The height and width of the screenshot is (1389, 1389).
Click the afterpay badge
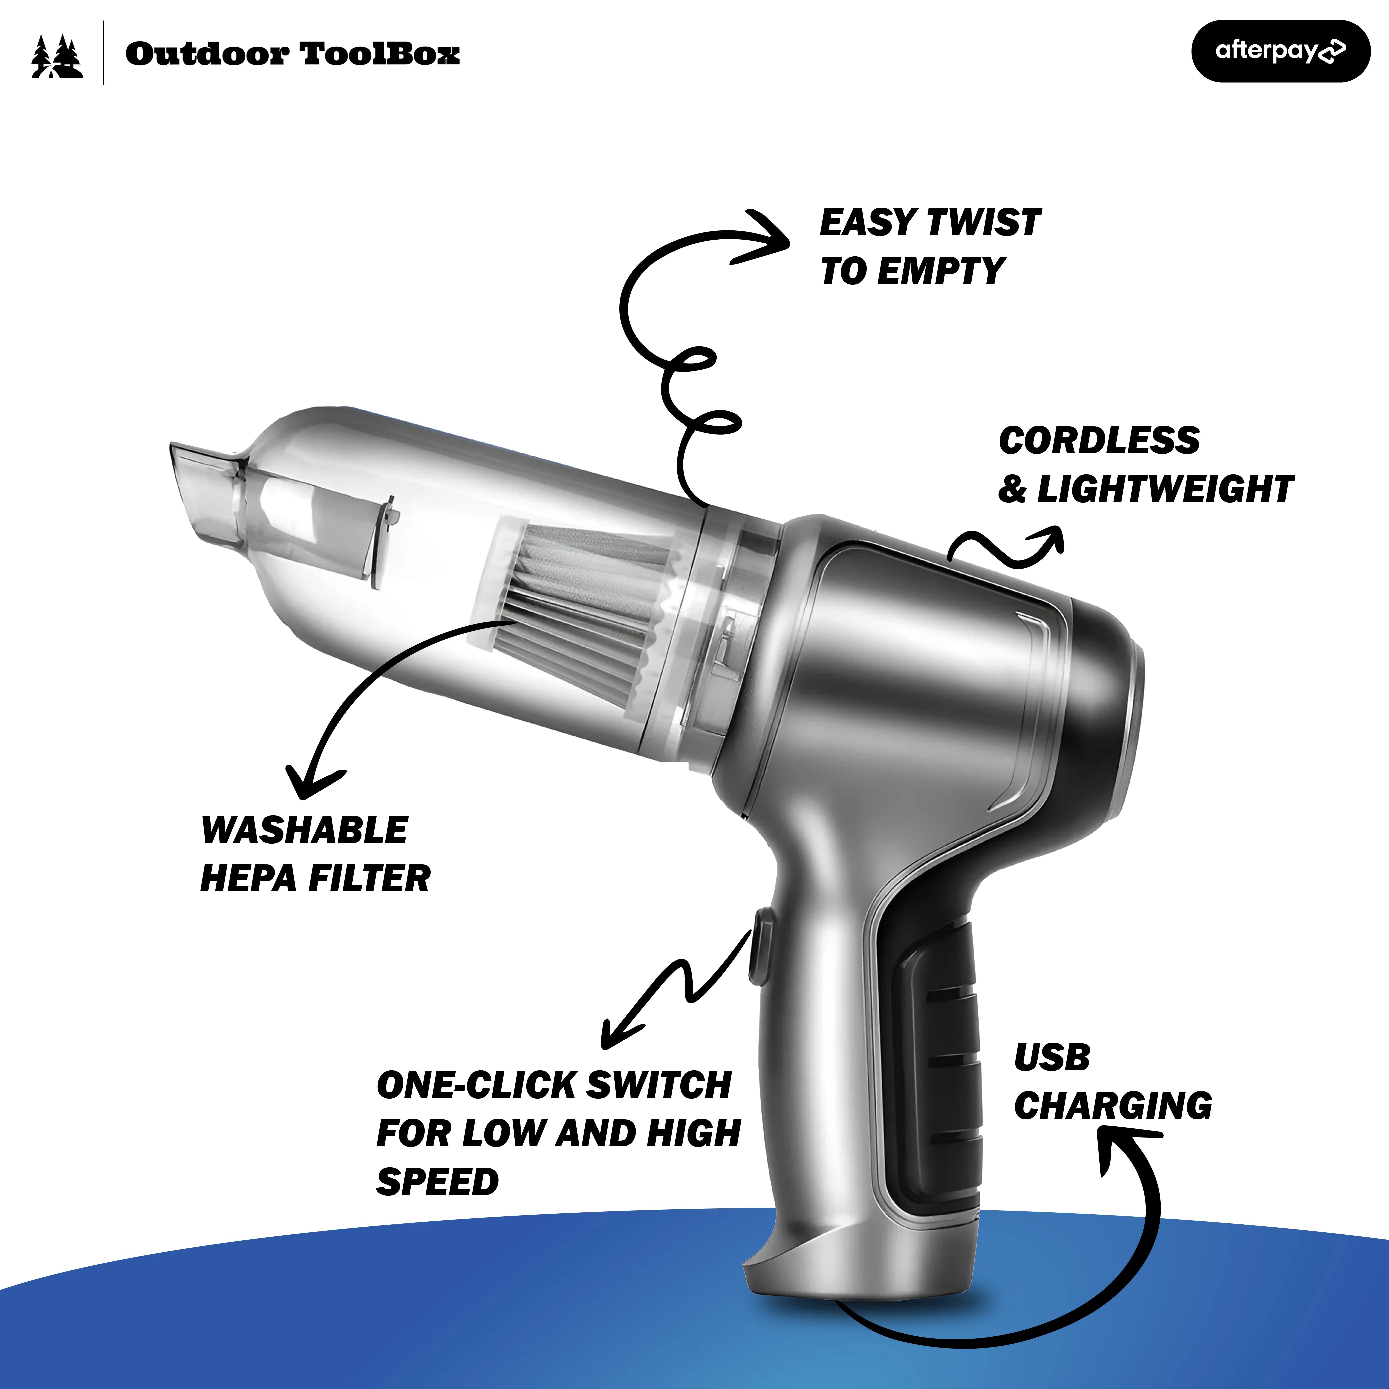pyautogui.click(x=1280, y=51)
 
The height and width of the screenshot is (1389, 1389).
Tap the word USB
pyautogui.click(x=1052, y=1057)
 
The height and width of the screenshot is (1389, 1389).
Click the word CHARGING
pyautogui.click(x=1113, y=1105)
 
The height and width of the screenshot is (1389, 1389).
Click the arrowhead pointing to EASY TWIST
pyautogui.click(x=764, y=237)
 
